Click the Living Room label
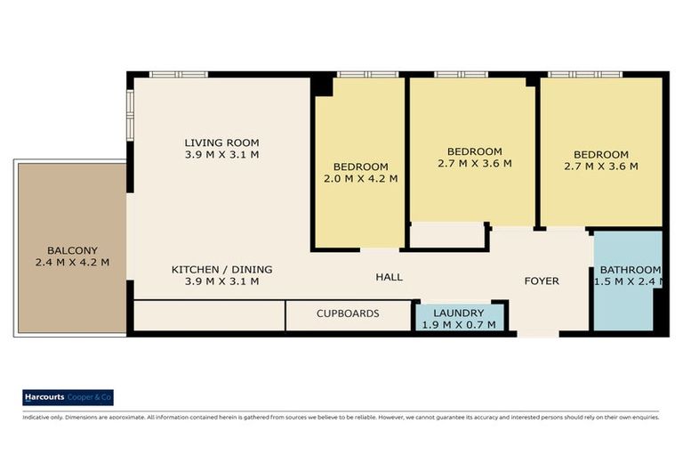[221, 142]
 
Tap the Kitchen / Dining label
[221, 269]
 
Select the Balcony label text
[68, 250]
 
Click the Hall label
[388, 277]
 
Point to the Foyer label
[541, 281]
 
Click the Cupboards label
[348, 313]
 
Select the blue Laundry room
[459, 317]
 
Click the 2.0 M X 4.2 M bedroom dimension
[360, 178]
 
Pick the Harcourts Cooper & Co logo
[68, 398]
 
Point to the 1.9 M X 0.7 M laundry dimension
[459, 325]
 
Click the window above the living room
[178, 74]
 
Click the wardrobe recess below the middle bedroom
[446, 236]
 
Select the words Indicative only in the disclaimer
[40, 416]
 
